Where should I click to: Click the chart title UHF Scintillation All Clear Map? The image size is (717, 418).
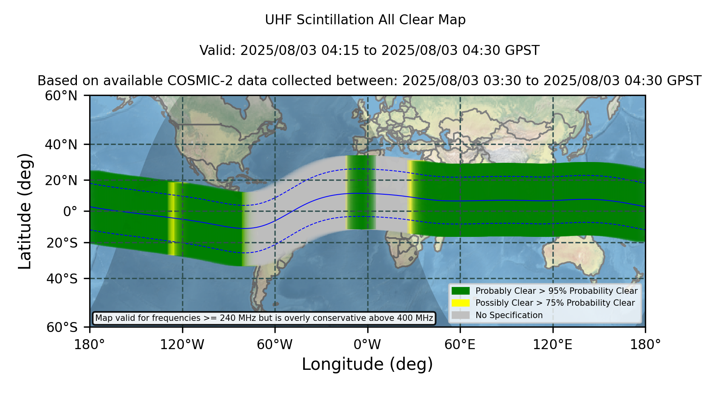pos(365,20)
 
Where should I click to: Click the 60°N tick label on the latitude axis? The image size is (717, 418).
pos(61,96)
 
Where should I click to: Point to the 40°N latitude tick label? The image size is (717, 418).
pos(61,145)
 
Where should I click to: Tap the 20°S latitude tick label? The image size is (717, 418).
pos(62,243)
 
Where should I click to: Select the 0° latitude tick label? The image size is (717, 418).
pos(70,211)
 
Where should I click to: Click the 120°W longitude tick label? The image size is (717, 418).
pos(182,345)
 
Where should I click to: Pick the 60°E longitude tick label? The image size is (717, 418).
pos(460,345)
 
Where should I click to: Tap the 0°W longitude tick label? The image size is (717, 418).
pos(367,345)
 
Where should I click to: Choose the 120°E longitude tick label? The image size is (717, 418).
pos(552,345)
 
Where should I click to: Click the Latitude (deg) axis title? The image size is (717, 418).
pos(25,211)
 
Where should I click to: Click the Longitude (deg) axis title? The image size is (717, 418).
pos(367,364)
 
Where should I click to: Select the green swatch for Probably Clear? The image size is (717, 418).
pos(460,291)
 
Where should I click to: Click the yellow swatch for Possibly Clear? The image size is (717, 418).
pos(460,303)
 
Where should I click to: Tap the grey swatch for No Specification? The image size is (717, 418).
pos(460,315)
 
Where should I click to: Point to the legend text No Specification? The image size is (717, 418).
pos(509,315)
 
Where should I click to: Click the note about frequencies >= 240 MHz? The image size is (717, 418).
pos(264,318)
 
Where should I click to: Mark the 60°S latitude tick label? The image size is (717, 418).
pos(62,327)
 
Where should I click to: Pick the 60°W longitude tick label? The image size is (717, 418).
pos(274,345)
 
